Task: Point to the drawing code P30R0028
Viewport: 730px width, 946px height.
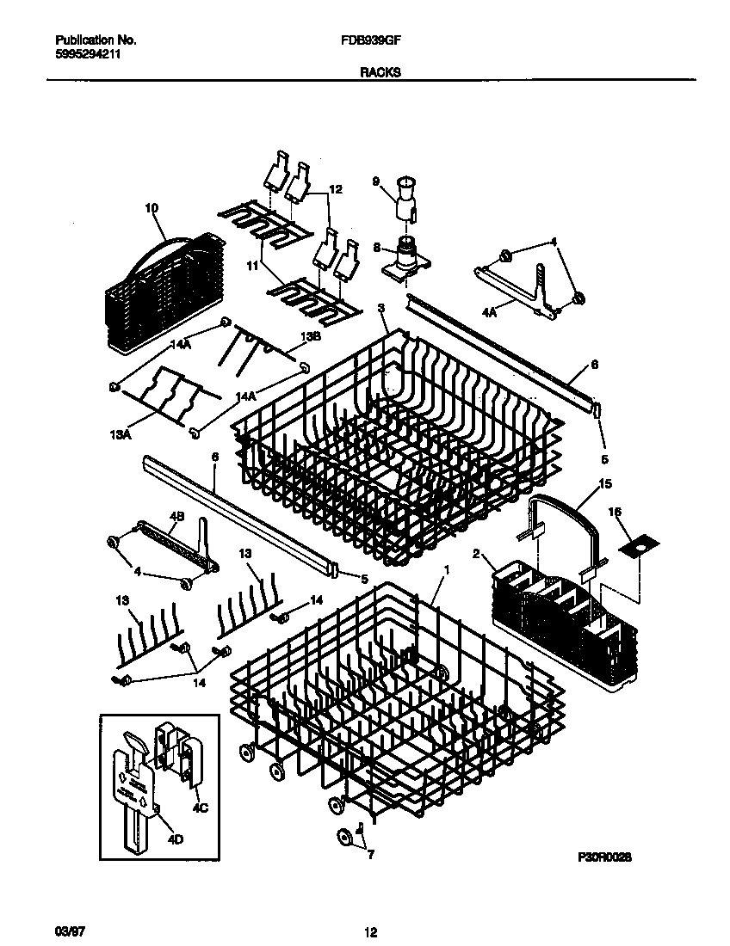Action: [606, 857]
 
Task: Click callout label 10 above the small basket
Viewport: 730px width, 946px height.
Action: [152, 208]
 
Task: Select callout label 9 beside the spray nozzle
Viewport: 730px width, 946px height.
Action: [375, 181]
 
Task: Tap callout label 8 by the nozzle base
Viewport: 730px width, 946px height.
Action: [376, 246]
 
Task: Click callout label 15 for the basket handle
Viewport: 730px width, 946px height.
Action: [605, 483]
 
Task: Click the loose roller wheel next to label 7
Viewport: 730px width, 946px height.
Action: [344, 836]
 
